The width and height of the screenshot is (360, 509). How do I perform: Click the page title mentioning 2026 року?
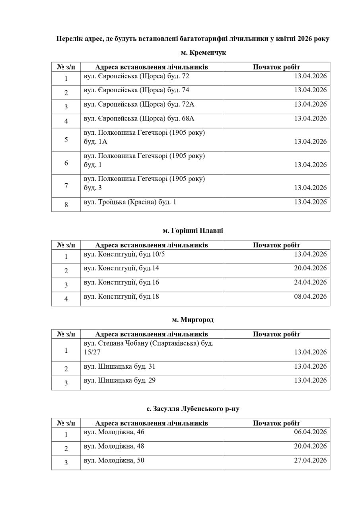[x=193, y=39]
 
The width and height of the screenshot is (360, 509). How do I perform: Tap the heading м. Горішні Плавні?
[x=193, y=231]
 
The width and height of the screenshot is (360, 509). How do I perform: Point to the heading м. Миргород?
[x=193, y=320]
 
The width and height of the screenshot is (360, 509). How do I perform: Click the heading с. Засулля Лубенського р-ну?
[x=193, y=409]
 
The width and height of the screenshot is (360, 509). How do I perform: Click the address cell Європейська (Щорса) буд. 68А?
[x=139, y=119]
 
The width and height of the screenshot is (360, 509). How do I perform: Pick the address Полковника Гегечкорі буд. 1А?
[x=144, y=137]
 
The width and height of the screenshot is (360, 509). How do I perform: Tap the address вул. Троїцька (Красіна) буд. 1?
[x=130, y=202]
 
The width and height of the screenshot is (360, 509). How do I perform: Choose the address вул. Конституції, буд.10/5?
[x=124, y=254]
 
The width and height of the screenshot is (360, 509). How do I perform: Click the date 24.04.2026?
[x=310, y=282]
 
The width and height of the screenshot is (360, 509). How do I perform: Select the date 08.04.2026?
[x=310, y=297]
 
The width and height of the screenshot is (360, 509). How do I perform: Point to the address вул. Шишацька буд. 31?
[x=119, y=367]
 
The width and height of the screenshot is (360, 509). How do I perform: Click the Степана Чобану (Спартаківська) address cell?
[x=148, y=348]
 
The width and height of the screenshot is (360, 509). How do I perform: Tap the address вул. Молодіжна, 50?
[x=114, y=460]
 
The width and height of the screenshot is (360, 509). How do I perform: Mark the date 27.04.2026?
[x=310, y=460]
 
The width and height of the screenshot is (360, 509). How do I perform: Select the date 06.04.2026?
[x=310, y=432]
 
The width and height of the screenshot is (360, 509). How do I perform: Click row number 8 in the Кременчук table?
[x=66, y=205]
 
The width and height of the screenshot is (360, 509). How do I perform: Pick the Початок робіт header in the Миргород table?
[x=276, y=334]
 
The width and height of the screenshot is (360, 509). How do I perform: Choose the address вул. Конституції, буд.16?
[x=121, y=283]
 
